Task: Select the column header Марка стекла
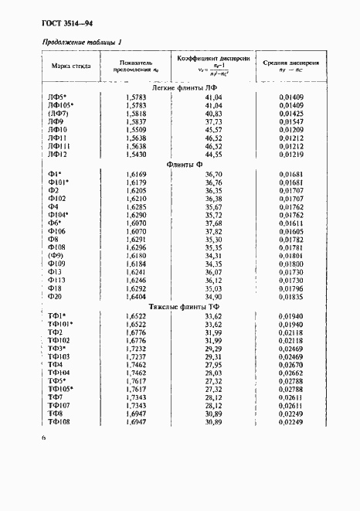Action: pos(70,66)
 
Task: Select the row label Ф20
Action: pos(54,296)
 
